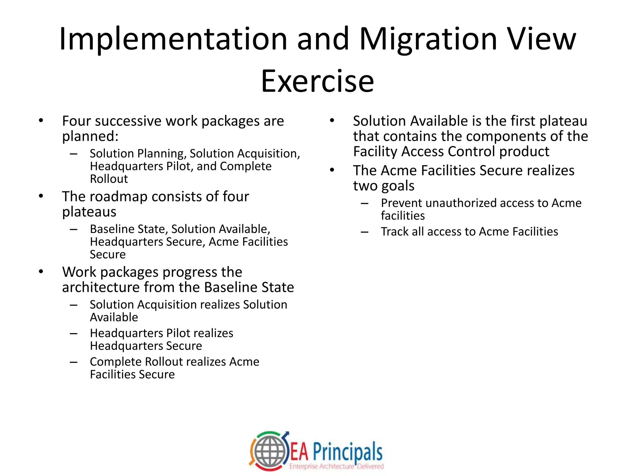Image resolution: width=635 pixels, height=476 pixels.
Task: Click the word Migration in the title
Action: (428, 40)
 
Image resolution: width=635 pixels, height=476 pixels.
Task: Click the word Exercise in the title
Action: (317, 81)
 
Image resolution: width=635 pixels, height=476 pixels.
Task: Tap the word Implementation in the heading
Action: (173, 40)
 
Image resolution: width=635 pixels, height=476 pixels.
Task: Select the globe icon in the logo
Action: (269, 451)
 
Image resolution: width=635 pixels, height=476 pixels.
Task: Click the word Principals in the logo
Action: (348, 452)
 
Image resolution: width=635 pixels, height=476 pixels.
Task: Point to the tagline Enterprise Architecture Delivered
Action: (336, 466)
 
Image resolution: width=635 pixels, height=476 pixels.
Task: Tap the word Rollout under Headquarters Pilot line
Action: (109, 179)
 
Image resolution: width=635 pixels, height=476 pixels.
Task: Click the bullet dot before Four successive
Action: (41, 121)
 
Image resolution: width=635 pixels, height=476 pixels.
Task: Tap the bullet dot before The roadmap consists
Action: (41, 196)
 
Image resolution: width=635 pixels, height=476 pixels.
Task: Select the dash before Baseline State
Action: (73, 229)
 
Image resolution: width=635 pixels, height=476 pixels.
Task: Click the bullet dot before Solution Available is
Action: (332, 121)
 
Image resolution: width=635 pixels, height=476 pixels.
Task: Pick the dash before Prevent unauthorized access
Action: (365, 203)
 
